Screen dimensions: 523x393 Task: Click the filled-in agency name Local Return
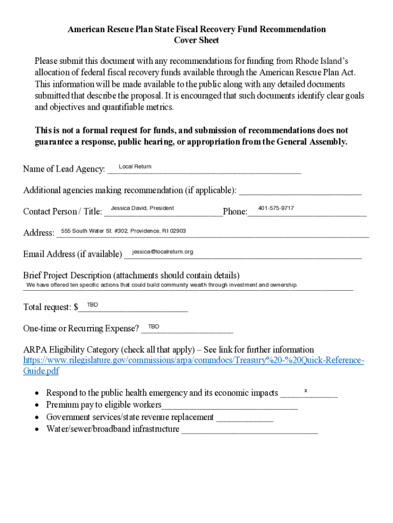135,167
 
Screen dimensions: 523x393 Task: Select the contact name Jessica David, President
142,208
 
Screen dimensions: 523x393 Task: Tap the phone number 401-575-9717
276,208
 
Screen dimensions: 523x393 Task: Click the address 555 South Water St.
123,231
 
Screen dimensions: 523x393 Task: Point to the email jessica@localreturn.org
162,252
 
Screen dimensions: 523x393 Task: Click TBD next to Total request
92,305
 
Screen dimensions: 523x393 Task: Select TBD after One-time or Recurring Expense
154,326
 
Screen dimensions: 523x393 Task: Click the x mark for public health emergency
306,391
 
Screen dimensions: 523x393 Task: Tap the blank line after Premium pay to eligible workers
229,407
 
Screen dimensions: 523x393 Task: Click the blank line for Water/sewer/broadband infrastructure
250,431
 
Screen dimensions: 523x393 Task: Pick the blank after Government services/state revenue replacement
245,419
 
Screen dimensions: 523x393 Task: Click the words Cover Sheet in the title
196,40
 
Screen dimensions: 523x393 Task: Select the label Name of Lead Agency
64,169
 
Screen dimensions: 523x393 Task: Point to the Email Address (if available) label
72,254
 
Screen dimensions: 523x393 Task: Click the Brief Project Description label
131,275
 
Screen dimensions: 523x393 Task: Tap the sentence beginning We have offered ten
162,285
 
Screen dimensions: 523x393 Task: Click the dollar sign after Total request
76,307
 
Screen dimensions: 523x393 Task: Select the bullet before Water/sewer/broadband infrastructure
37,430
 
